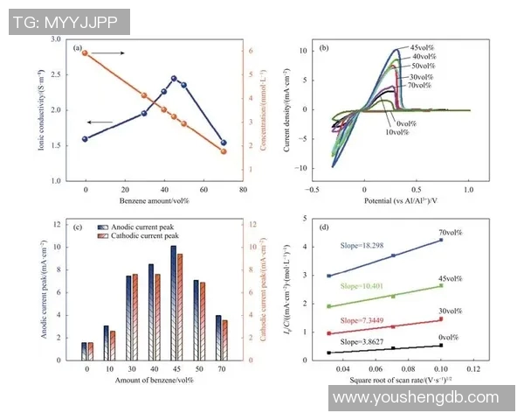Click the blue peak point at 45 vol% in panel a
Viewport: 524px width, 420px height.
pyautogui.click(x=174, y=79)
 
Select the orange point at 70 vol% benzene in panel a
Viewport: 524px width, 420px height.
pyautogui.click(x=224, y=151)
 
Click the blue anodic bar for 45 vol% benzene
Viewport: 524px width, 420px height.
pyautogui.click(x=172, y=303)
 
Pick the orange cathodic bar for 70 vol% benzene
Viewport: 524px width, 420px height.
pyautogui.click(x=224, y=339)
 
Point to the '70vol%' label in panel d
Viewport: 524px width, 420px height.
pyautogui.click(x=449, y=232)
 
